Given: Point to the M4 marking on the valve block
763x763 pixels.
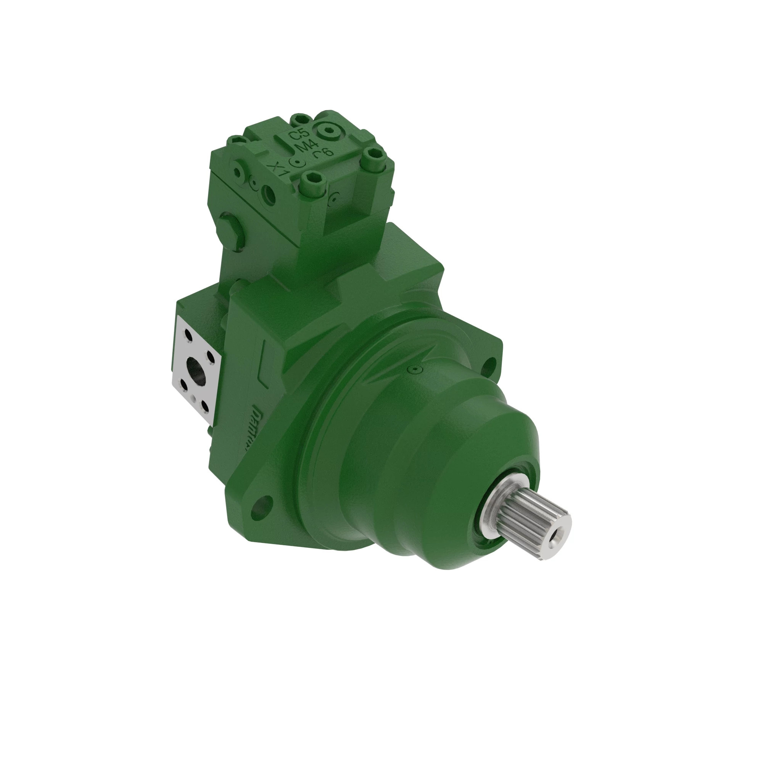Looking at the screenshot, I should click(x=304, y=147).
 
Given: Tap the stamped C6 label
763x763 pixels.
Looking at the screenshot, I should click(x=323, y=153).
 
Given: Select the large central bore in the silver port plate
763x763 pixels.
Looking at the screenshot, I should click(x=196, y=370).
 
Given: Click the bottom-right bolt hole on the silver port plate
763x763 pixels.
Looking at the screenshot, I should click(x=204, y=406).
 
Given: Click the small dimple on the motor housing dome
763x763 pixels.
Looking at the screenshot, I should click(x=414, y=369).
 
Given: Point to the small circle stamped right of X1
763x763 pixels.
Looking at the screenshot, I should click(x=296, y=162).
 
